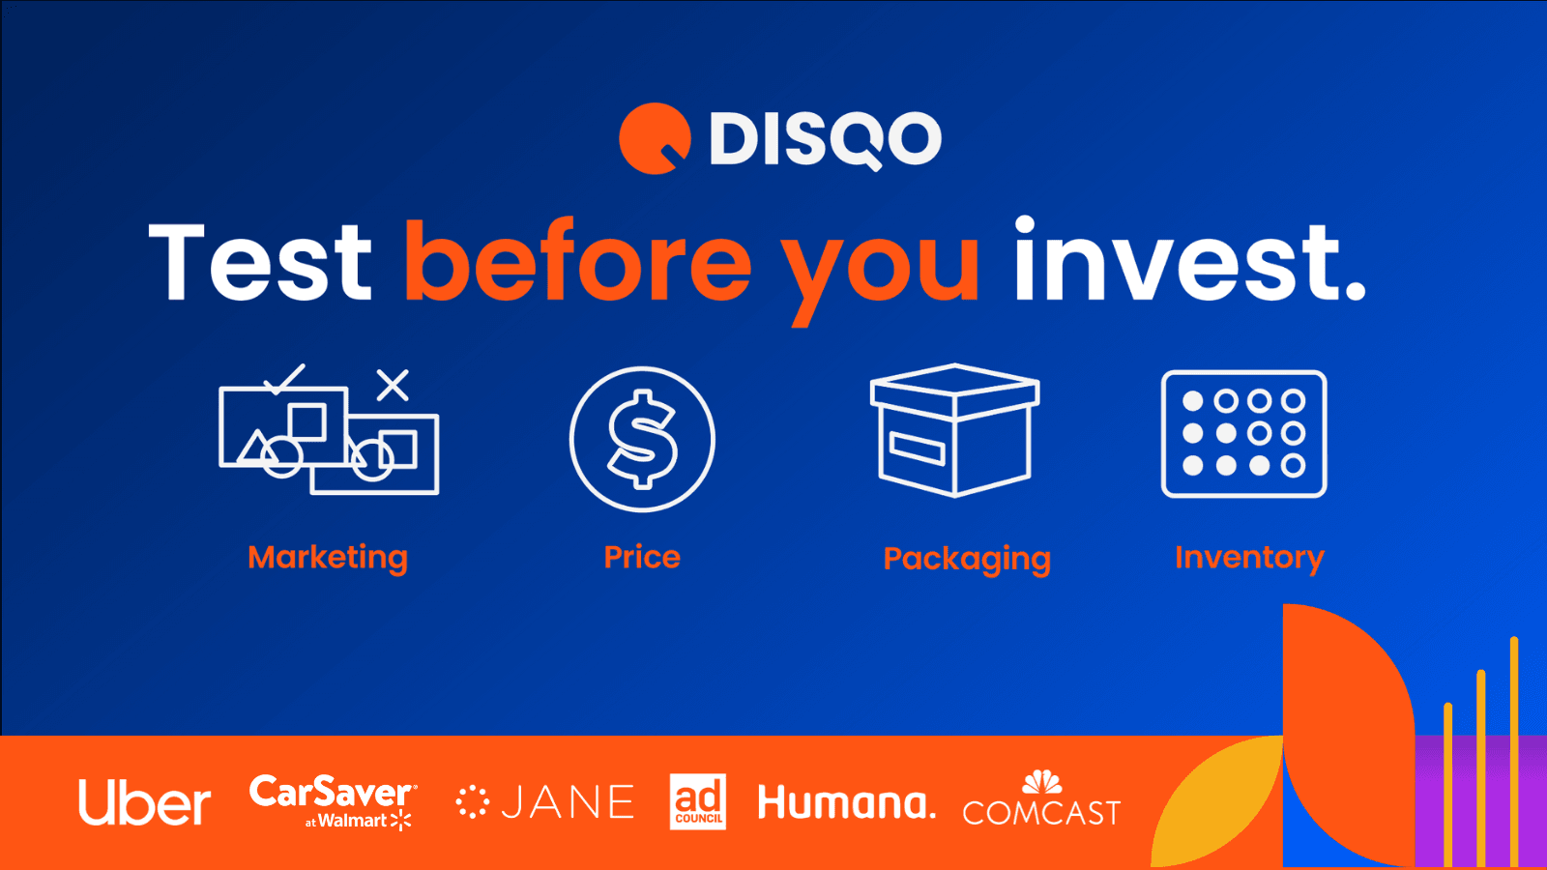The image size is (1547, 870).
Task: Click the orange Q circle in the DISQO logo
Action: (655, 138)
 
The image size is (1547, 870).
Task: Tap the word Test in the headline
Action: (260, 263)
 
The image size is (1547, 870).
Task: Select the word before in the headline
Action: (577, 263)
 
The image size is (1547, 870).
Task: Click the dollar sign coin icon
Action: (642, 439)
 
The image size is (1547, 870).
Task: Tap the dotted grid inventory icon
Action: (1243, 434)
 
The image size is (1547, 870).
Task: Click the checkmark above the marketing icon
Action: (284, 378)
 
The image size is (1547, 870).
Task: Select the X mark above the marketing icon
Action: (393, 385)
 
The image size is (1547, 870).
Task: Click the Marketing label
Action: (328, 558)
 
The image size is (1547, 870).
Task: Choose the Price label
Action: (642, 557)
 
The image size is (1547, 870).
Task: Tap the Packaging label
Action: (967, 559)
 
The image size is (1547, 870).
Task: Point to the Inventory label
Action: (1249, 558)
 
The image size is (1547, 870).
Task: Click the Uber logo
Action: (144, 802)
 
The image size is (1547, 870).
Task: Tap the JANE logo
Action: (545, 802)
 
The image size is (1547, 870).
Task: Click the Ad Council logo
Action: (698, 801)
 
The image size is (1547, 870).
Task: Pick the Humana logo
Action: (846, 802)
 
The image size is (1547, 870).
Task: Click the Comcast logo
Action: (1041, 801)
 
